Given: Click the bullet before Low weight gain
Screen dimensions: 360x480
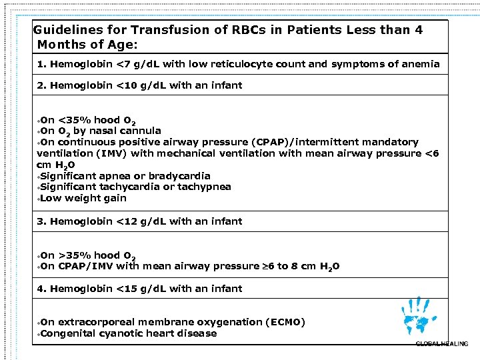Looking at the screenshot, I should point(39,199).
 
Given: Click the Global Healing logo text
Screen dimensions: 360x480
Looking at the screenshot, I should point(441,343).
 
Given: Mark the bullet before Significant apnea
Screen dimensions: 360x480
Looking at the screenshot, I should point(39,177).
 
